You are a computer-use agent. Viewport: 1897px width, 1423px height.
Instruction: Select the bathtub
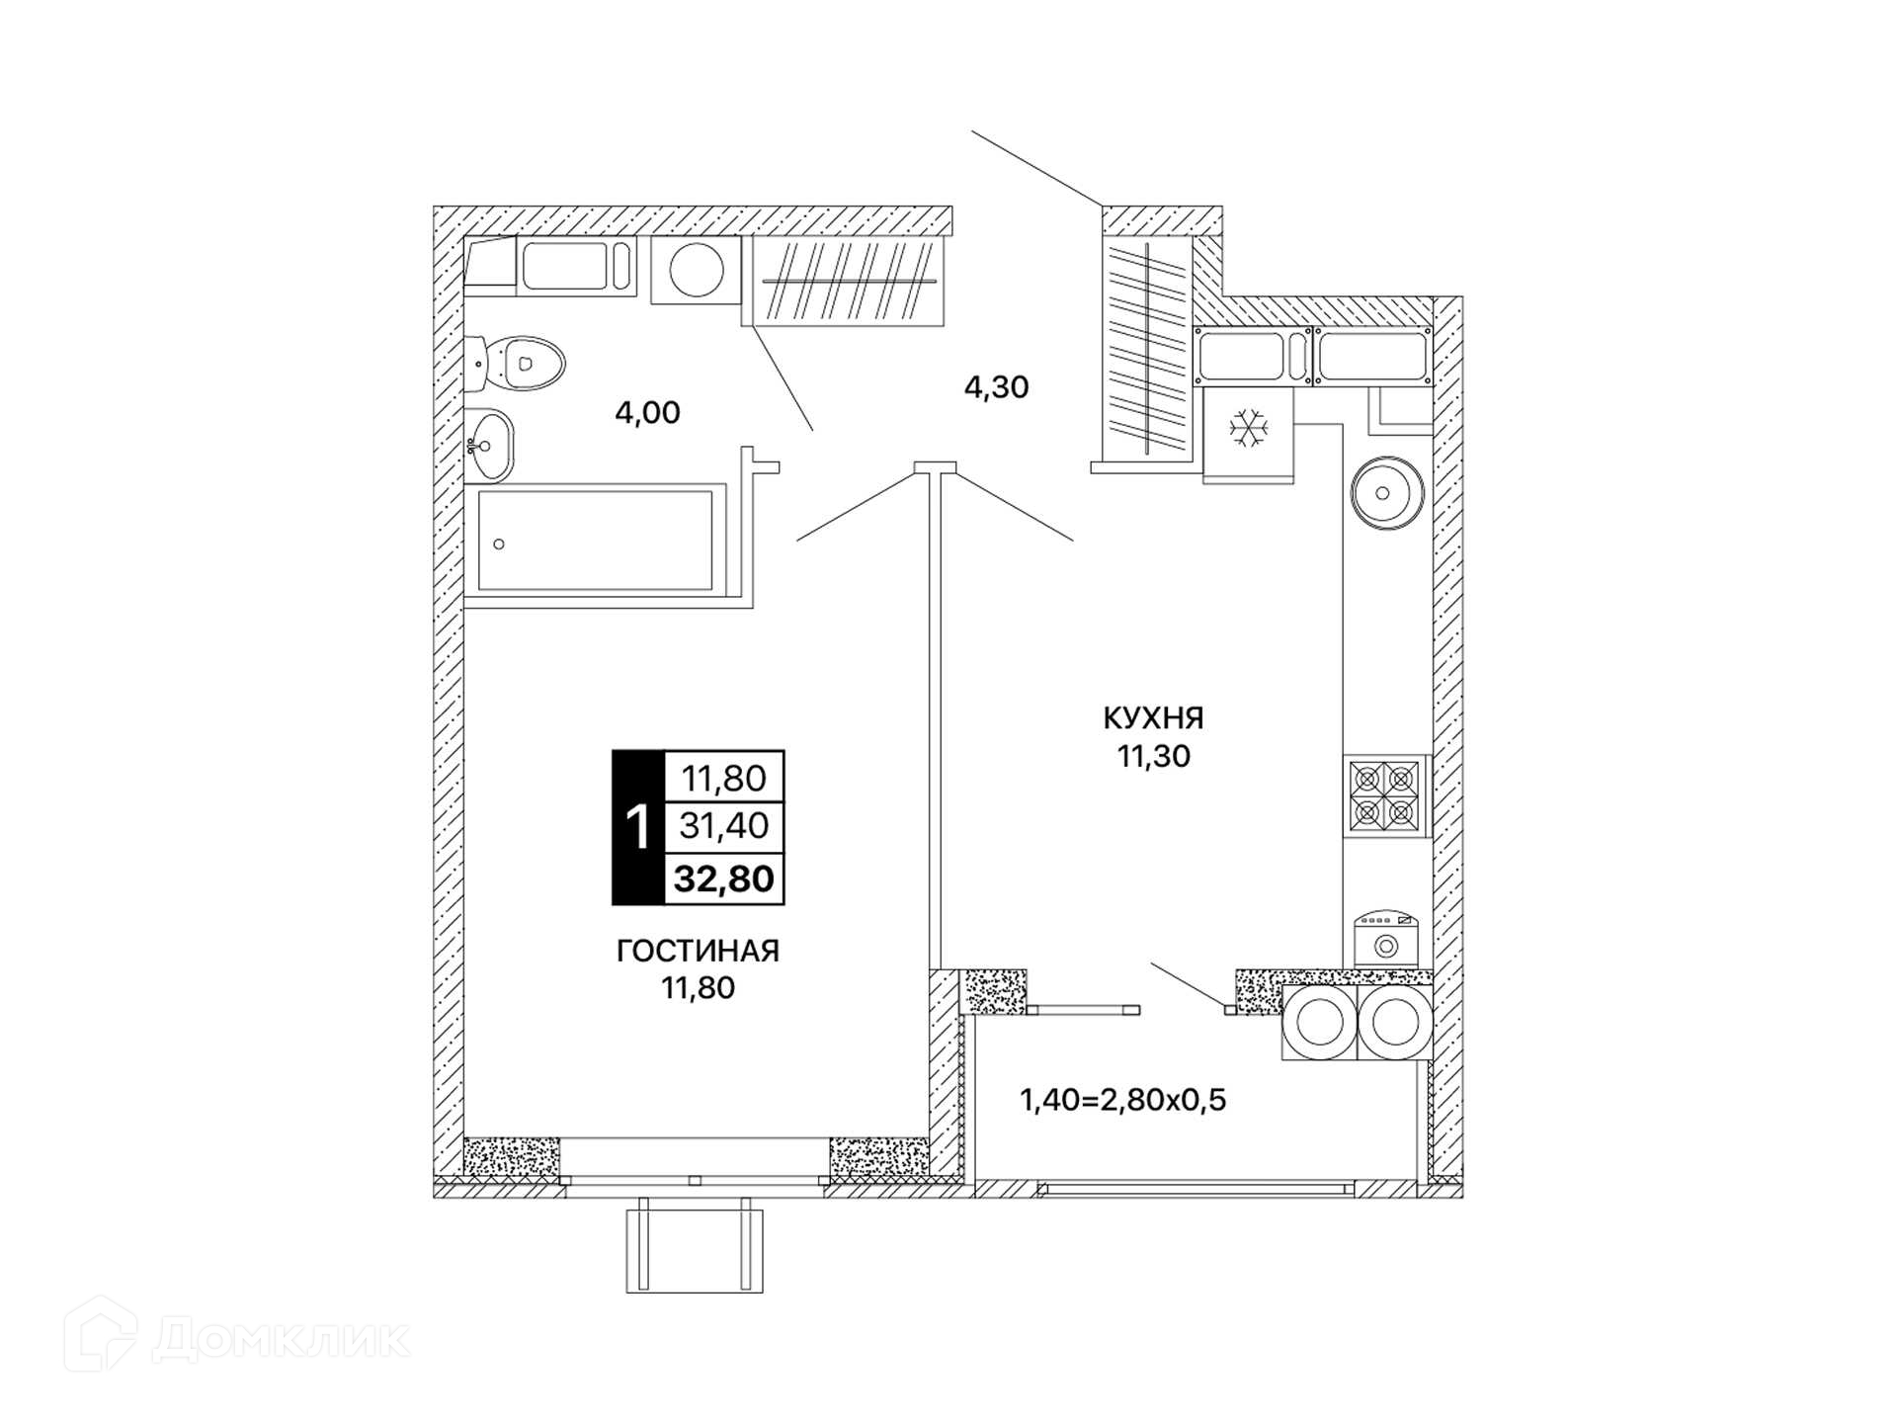coord(596,541)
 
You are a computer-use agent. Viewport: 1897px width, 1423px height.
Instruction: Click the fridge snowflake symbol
coord(1249,429)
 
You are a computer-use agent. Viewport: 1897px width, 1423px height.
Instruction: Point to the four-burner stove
coord(1386,796)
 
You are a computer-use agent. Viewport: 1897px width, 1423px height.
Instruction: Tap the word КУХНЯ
coord(1154,717)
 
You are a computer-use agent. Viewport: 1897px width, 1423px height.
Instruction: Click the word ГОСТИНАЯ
coord(699,951)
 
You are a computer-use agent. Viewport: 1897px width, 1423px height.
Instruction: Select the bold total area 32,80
coord(724,879)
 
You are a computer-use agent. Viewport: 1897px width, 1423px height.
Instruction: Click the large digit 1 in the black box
coord(638,828)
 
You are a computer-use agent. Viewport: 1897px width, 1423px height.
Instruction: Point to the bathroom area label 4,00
coord(648,413)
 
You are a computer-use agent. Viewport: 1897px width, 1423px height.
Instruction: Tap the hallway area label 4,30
coord(997,387)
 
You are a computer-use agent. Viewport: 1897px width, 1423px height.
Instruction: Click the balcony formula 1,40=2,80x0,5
coord(1122,1099)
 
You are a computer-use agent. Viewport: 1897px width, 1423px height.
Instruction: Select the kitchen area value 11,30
coord(1154,757)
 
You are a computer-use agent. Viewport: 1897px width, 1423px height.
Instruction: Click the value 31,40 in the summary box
coord(724,825)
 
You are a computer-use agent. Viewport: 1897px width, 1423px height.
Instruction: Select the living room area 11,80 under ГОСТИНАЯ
coord(699,987)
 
